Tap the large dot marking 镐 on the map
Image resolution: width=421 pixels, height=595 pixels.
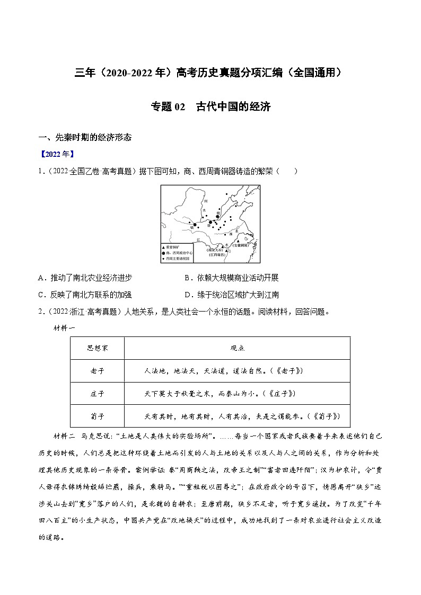pos(195,225)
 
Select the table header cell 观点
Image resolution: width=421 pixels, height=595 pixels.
pos(237,348)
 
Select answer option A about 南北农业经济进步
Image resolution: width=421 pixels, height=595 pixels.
pos(85,278)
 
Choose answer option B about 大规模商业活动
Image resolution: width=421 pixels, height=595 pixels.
pos(231,278)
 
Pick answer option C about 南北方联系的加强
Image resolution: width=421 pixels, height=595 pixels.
pos(85,295)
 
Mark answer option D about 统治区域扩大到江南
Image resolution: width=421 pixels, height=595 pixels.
pos(231,295)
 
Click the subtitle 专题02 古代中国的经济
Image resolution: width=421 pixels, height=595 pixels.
pos(210,106)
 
